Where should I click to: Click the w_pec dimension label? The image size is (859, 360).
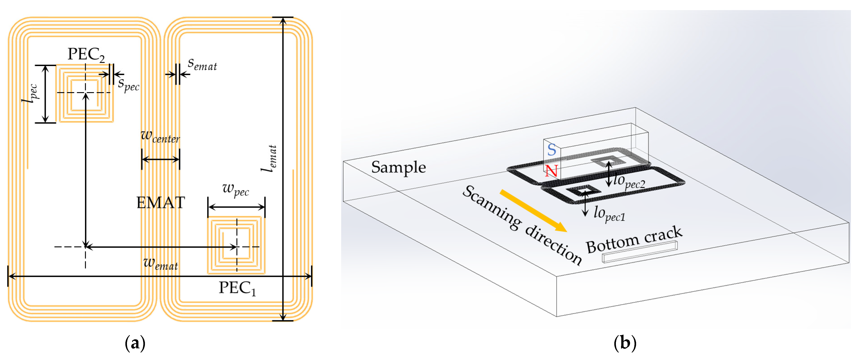tap(236, 189)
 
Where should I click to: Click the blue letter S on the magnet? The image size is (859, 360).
tap(552, 150)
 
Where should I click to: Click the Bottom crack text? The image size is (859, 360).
tap(634, 240)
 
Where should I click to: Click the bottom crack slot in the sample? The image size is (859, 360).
tap(639, 252)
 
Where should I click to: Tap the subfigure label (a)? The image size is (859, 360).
tap(135, 343)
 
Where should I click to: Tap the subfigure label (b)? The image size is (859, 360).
tap(625, 343)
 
